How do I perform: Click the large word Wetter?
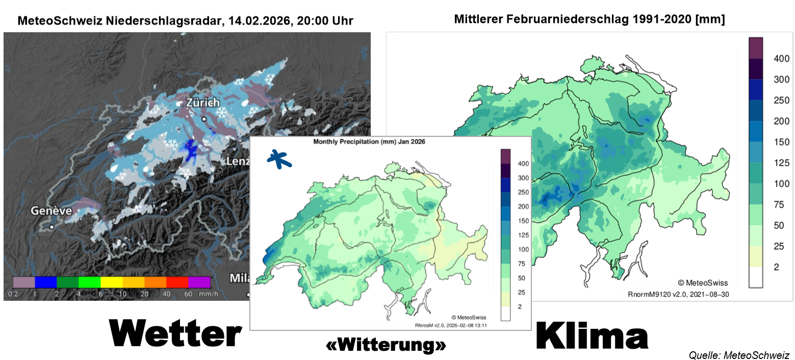pos(175,335)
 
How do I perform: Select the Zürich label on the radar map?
pos(202,102)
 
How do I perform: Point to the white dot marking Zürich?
pos(204,119)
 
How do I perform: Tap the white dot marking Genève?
pos(52,227)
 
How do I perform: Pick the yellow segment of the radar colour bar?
pos(112,282)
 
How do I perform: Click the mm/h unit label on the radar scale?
pos(205,294)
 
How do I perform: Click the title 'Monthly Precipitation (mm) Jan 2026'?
pos(369,142)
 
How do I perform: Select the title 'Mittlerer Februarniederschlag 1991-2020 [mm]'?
pos(589,19)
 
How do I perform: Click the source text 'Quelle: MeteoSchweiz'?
pos(739,354)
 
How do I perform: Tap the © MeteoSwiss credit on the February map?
pos(703,283)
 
